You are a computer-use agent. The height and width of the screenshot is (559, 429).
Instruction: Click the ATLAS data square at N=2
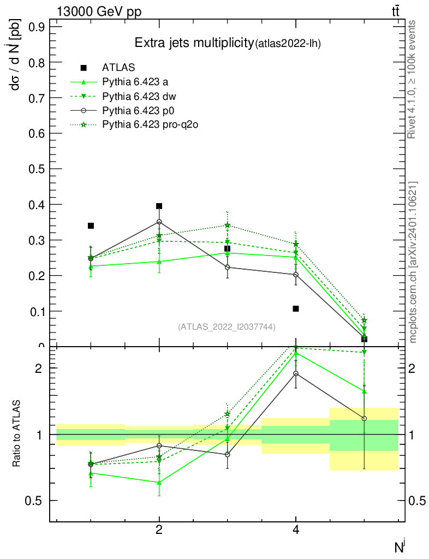[159, 206]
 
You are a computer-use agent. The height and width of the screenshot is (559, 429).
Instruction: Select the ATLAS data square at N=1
[91, 225]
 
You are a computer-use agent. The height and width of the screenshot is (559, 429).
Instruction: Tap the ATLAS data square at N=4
[296, 308]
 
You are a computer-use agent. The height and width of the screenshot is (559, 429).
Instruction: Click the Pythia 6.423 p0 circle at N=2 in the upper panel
[159, 222]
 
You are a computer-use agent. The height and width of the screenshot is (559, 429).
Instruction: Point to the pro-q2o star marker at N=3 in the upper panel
[227, 225]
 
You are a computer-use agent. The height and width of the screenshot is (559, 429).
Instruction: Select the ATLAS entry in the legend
[118, 68]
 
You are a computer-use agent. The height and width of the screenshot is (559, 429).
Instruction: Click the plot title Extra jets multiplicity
[194, 43]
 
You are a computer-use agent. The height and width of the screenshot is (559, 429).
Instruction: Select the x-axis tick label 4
[296, 530]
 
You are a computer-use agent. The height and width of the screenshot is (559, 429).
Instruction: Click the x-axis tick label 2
[159, 530]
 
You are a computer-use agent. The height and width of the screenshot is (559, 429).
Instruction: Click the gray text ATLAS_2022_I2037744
[227, 326]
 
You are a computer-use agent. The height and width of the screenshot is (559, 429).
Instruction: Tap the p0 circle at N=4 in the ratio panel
[296, 374]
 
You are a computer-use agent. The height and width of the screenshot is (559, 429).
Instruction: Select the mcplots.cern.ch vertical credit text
[413, 262]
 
